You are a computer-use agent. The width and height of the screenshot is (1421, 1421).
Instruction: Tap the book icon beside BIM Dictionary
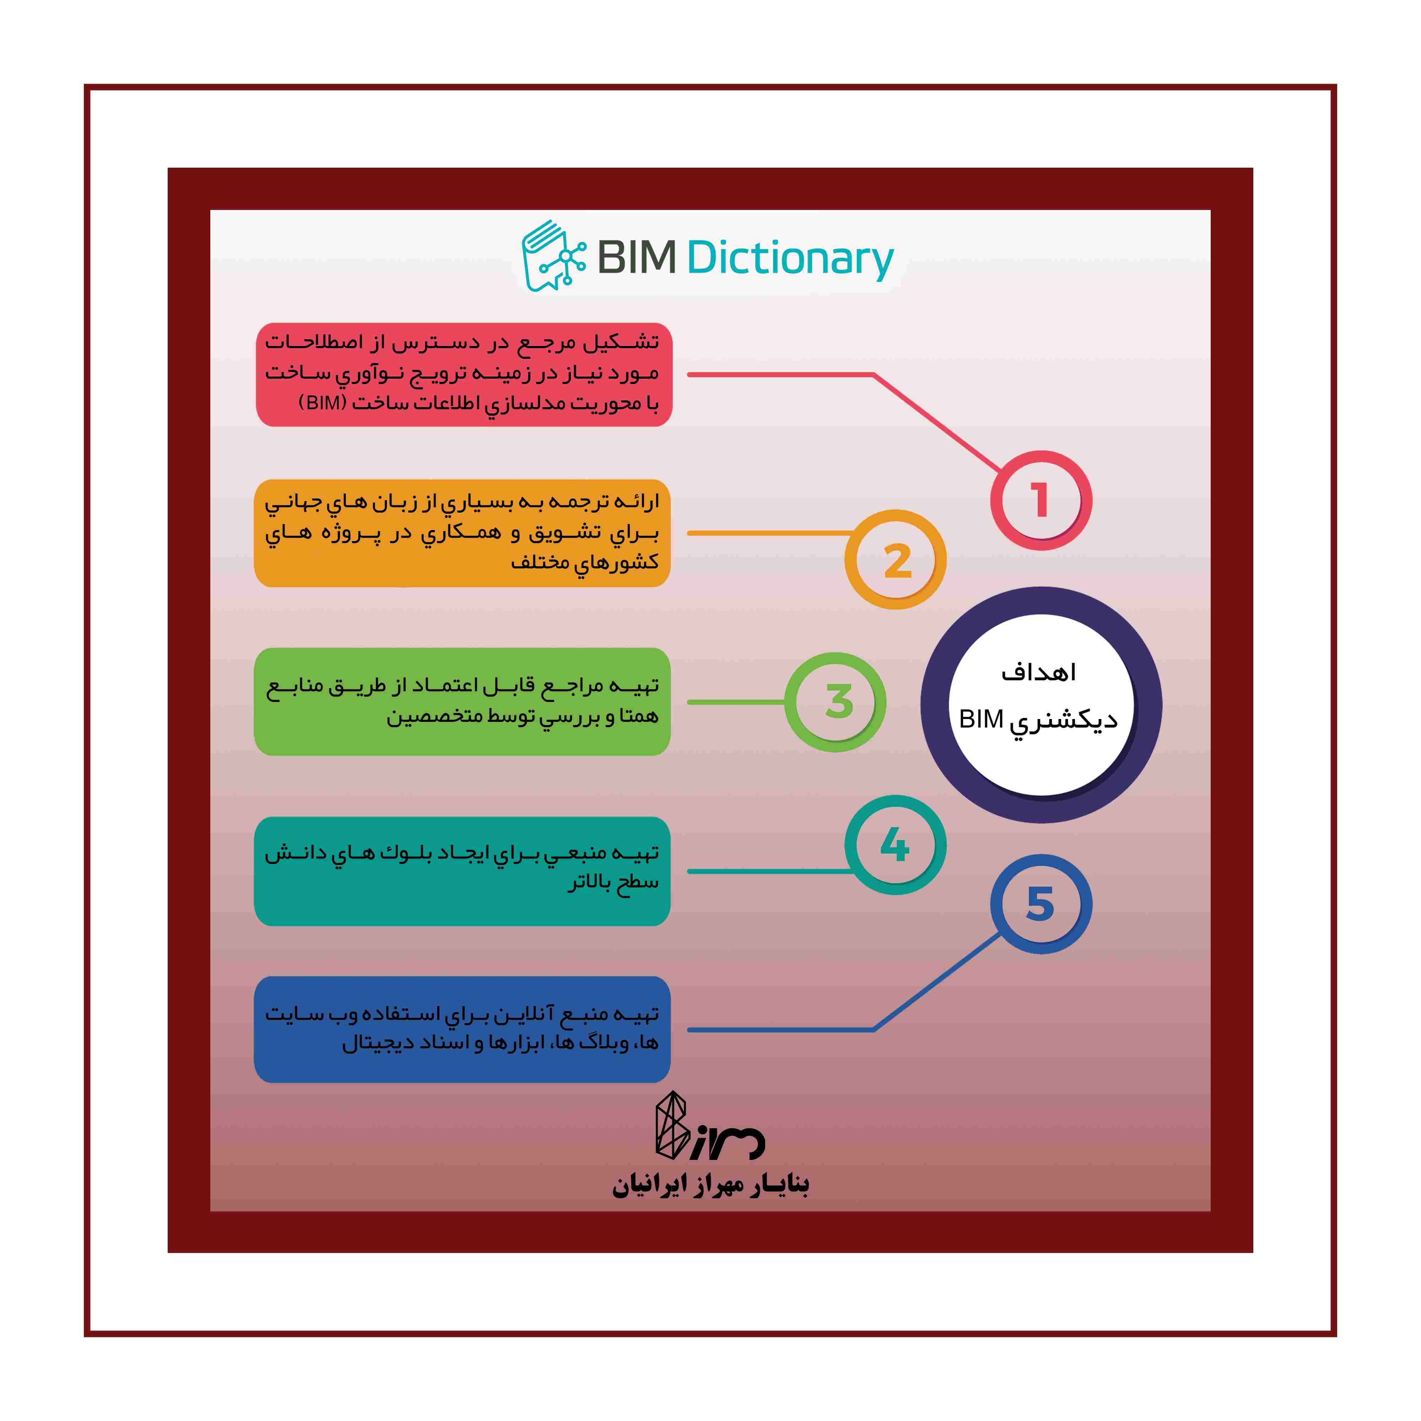pyautogui.click(x=553, y=255)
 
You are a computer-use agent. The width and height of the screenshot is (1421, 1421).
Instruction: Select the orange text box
pyautogui.click(x=462, y=533)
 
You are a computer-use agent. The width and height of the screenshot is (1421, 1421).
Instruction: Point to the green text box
pyautogui.click(x=462, y=702)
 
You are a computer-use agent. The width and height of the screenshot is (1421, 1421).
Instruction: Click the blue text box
pyautogui.click(x=462, y=1029)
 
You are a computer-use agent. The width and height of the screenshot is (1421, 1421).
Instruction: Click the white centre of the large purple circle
pyautogui.click(x=1040, y=704)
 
